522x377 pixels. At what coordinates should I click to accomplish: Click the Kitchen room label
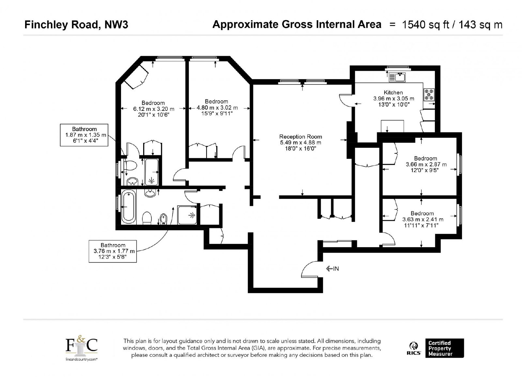point(393,93)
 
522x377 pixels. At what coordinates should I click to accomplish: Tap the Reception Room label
point(300,137)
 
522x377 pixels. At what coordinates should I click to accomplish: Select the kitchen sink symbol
point(397,77)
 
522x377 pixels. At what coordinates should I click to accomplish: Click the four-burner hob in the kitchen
point(429,94)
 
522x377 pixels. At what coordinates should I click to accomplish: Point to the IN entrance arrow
point(332,269)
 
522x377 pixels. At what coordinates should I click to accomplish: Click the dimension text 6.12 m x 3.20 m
point(154,109)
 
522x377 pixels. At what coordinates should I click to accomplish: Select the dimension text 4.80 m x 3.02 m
point(217,108)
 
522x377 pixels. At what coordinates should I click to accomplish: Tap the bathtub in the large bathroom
point(129,206)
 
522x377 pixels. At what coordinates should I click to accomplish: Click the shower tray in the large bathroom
point(187,215)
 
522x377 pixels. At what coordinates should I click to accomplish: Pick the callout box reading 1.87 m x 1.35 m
point(84,135)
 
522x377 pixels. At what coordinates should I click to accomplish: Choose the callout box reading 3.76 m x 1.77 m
point(113,251)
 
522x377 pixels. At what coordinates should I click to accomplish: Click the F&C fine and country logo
point(81,348)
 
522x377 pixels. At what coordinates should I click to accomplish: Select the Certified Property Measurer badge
point(445,348)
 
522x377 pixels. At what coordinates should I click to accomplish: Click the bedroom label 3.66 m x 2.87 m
point(426,164)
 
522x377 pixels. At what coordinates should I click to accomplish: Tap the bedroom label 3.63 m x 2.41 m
point(423,219)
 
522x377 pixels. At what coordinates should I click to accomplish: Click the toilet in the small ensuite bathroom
point(131,166)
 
